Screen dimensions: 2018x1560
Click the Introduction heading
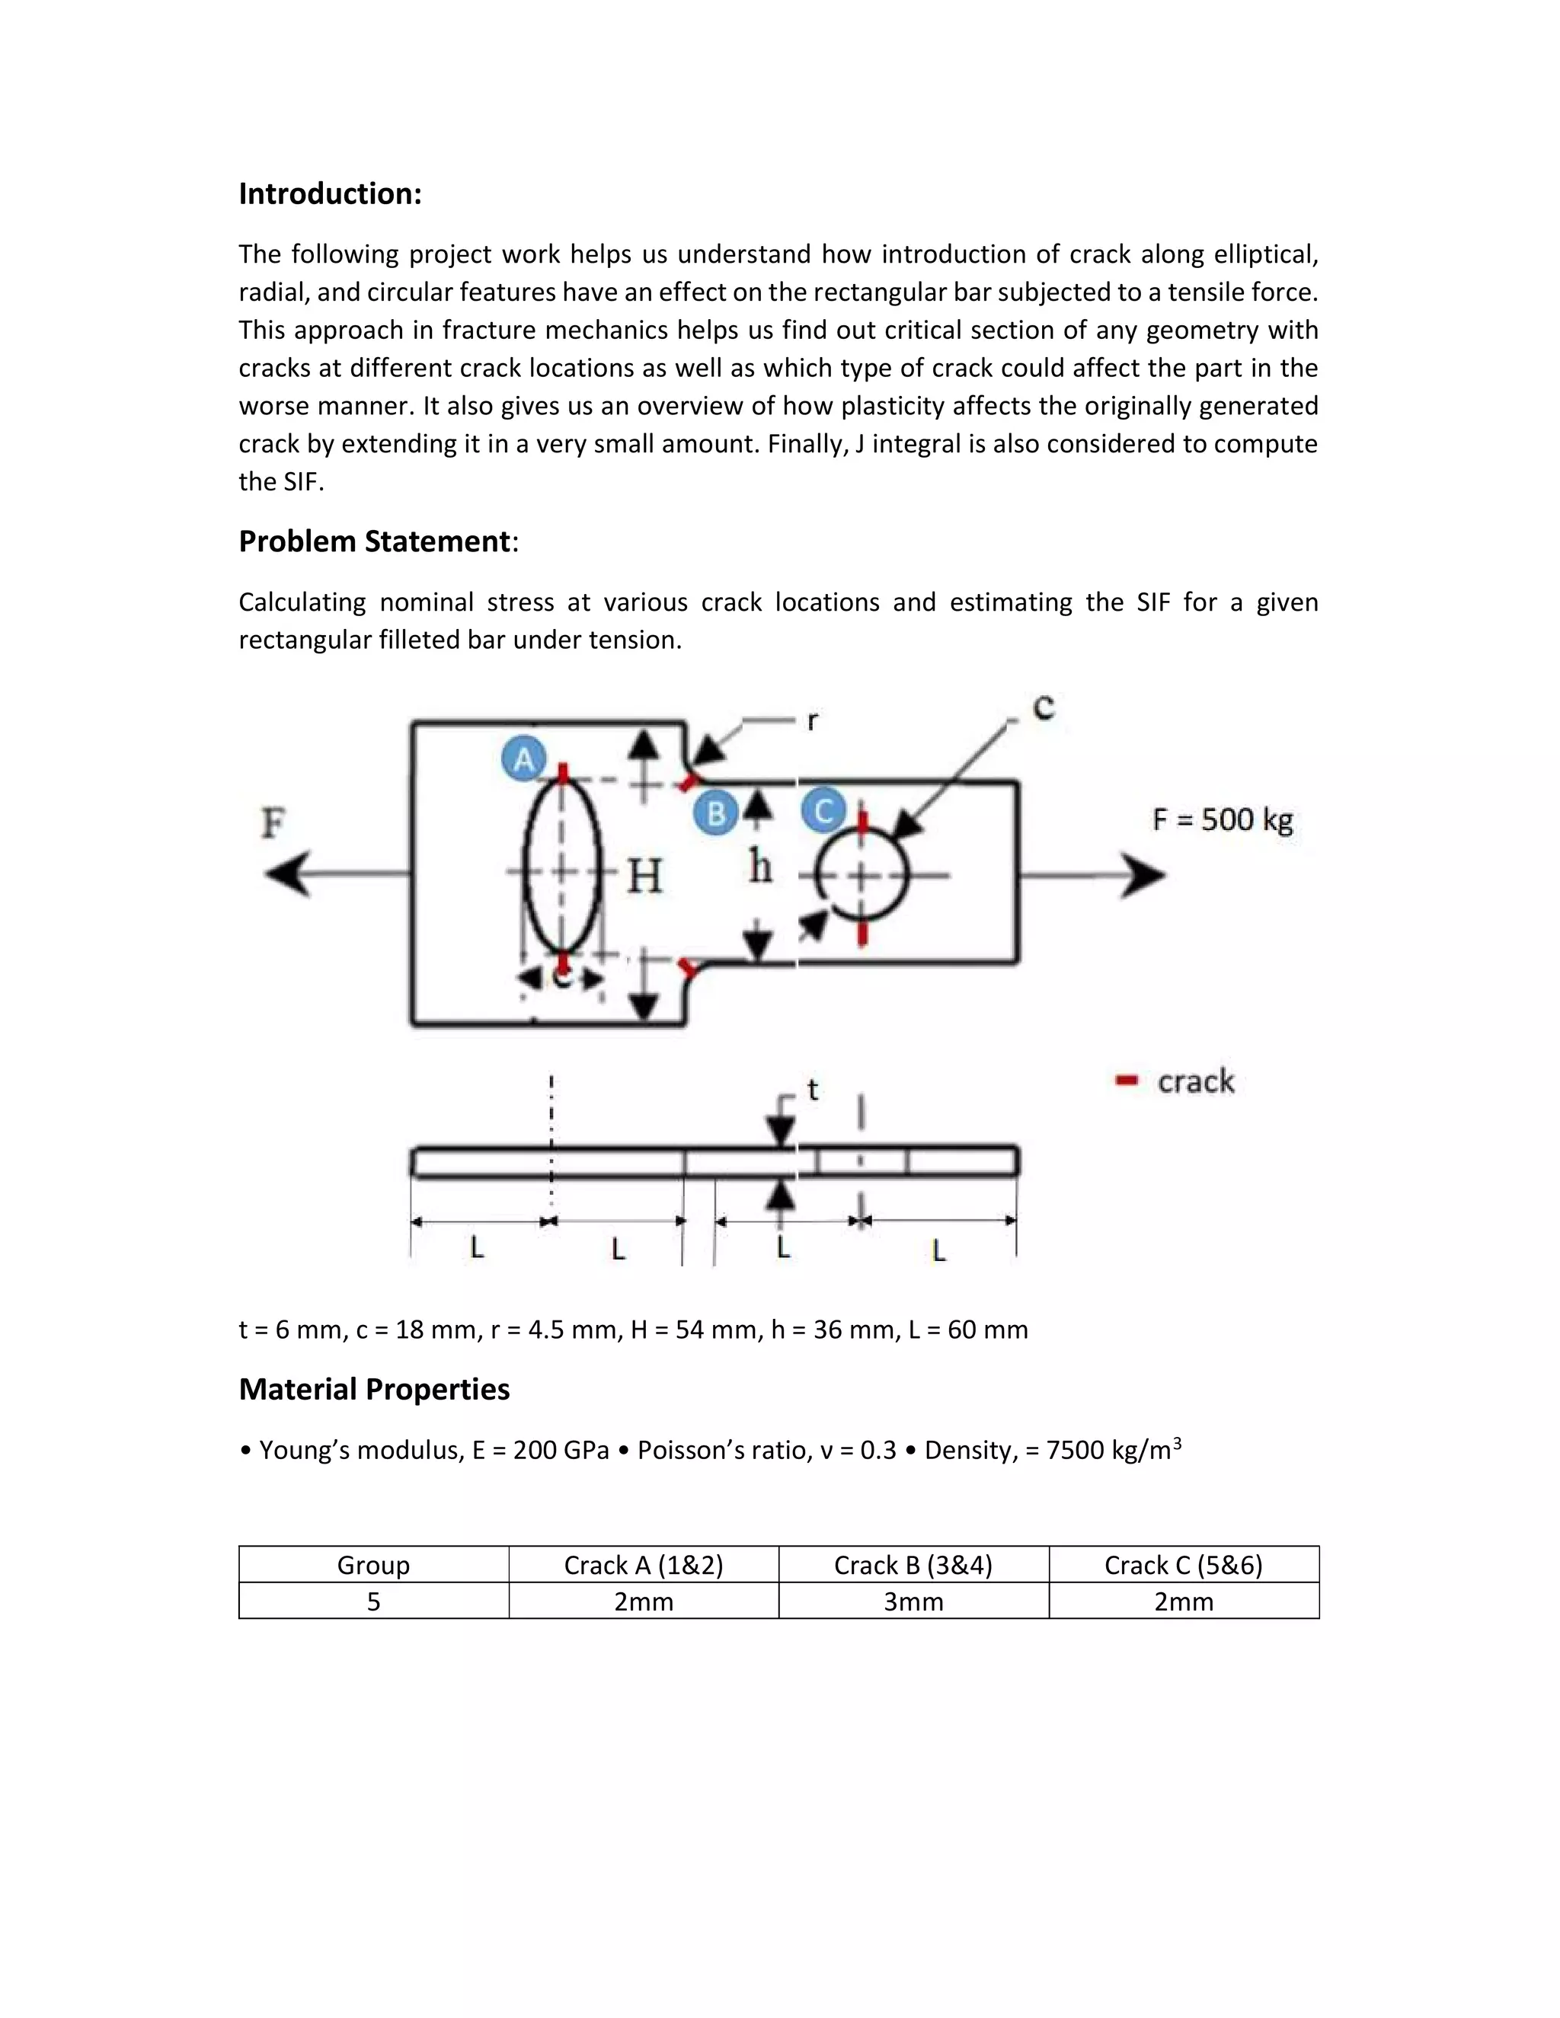tap(330, 194)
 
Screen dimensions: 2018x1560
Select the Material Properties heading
tap(373, 1389)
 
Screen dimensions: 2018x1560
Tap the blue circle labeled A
tap(524, 758)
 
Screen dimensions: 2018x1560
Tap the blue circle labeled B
tap(715, 813)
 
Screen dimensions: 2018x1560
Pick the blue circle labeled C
tap(823, 811)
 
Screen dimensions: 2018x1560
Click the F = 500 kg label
tap(1222, 819)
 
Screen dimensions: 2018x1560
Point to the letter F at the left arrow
tap(273, 822)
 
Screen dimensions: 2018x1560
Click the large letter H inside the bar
tap(644, 876)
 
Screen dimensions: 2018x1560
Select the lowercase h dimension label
tap(759, 867)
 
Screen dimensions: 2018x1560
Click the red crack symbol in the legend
tap(1126, 1080)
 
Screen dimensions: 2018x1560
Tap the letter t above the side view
tap(812, 1090)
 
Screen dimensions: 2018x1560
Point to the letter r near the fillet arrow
tap(811, 720)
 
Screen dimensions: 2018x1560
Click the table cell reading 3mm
tap(913, 1601)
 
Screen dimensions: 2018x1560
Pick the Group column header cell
tap(373, 1564)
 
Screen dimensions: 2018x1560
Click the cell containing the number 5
tap(373, 1601)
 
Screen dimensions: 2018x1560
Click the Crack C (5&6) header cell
tap(1183, 1564)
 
